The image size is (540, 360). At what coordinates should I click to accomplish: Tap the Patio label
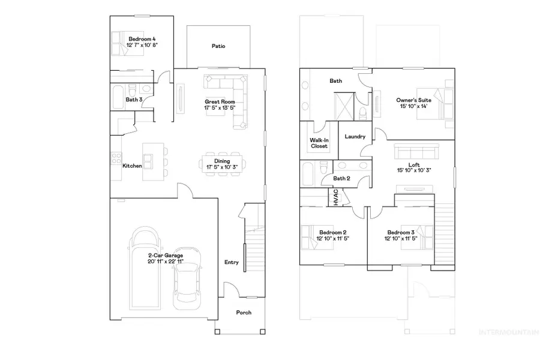click(218, 46)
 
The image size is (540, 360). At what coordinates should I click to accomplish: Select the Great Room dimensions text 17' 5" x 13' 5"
click(217, 109)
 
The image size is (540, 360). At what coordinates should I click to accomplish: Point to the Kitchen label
click(131, 166)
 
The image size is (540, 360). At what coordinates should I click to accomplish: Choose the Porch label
click(244, 313)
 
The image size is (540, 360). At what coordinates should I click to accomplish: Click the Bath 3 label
click(134, 100)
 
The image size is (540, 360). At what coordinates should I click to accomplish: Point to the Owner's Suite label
click(412, 100)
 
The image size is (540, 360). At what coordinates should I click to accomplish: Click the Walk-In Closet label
click(319, 143)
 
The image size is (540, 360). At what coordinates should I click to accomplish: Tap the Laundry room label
click(355, 136)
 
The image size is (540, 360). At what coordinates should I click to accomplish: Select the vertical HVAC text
click(336, 197)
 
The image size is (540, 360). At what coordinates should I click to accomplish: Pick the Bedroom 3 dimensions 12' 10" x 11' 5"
click(400, 239)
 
